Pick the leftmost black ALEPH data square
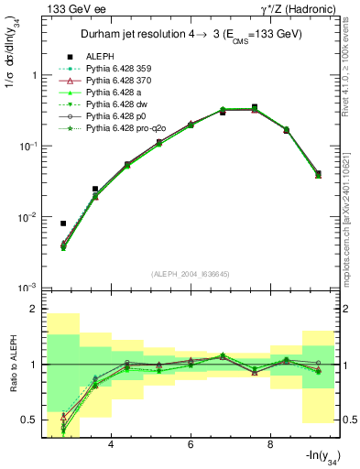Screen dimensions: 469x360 pyautogui.click(x=63, y=223)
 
